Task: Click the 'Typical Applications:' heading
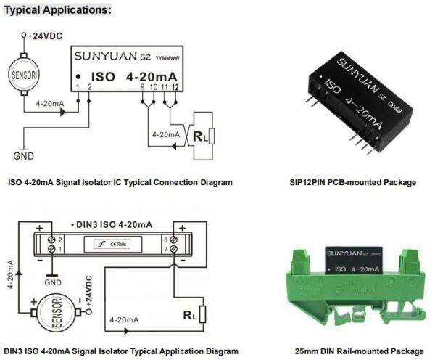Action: click(58, 10)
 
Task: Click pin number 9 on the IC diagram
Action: click(143, 87)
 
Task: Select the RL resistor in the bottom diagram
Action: click(202, 315)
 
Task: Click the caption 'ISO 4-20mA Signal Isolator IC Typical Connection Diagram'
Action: click(120, 182)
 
